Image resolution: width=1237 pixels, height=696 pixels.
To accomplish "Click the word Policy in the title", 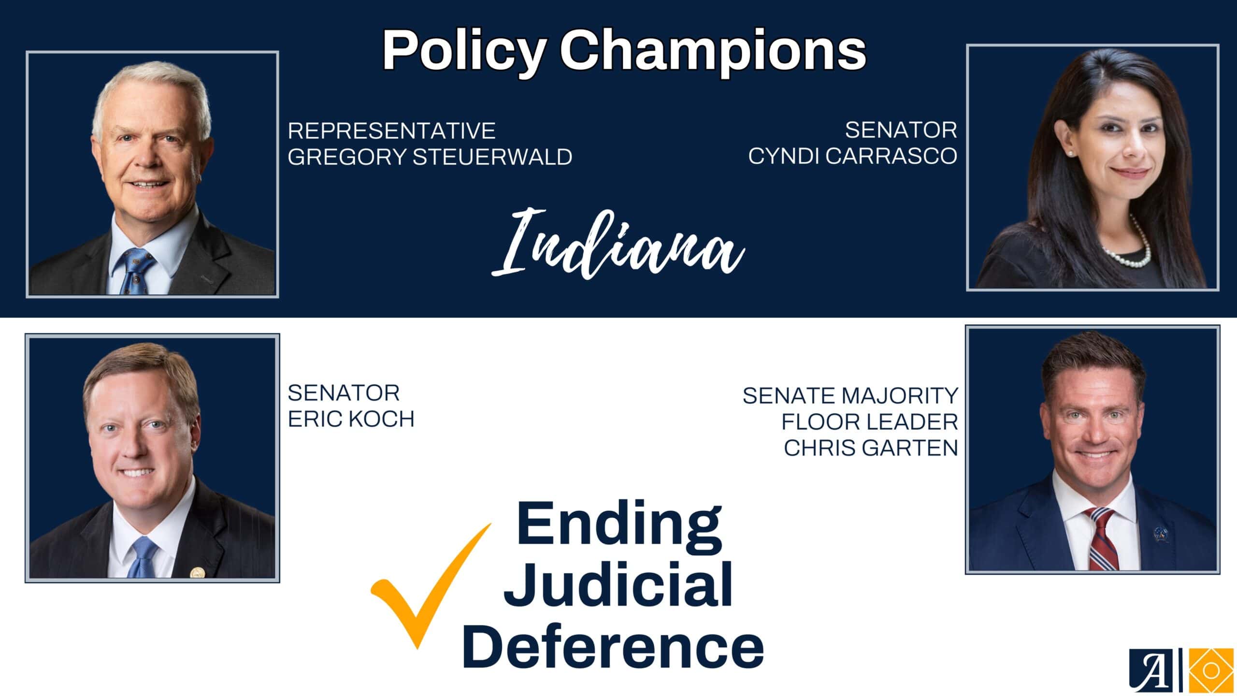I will (464, 51).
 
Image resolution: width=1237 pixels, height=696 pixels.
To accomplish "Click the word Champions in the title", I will (713, 51).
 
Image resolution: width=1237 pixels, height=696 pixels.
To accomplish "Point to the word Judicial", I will (618, 585).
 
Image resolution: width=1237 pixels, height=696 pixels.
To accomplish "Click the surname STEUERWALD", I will (492, 157).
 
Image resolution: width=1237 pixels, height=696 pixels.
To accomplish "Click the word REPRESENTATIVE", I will (391, 130).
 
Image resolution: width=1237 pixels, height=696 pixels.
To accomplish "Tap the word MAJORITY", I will (900, 396).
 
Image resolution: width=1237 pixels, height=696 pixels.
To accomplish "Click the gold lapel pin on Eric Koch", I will (197, 573).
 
